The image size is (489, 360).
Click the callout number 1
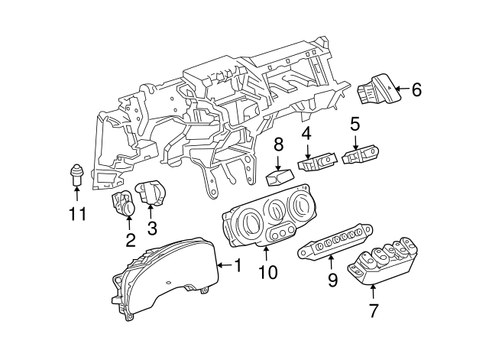tap(237, 265)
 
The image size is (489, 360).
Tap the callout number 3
tap(151, 227)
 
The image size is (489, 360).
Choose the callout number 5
tap(355, 123)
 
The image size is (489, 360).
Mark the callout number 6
tap(416, 90)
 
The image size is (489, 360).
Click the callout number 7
tap(373, 311)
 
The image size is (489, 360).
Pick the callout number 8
tap(279, 143)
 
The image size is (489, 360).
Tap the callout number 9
tap(332, 281)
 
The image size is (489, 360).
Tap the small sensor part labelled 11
tap(76, 174)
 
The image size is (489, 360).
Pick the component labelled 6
tap(377, 92)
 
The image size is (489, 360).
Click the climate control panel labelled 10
tap(264, 223)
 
